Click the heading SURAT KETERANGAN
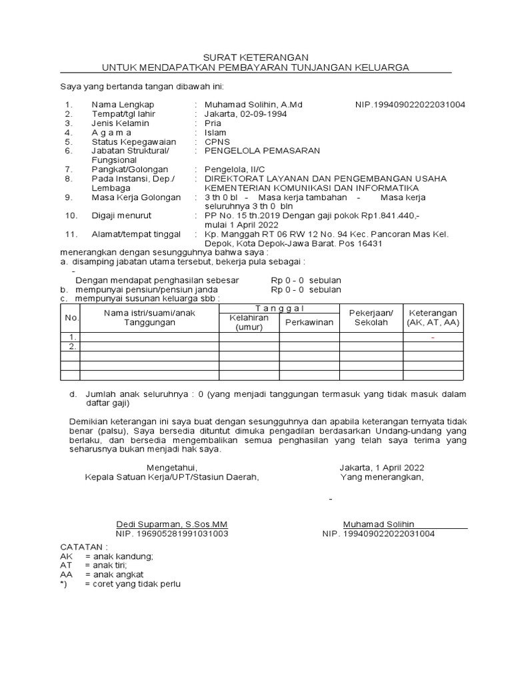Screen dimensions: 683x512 point(256,58)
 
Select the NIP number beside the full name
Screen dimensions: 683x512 point(411,105)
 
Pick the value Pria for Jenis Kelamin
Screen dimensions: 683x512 point(213,123)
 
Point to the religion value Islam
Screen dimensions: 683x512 point(215,133)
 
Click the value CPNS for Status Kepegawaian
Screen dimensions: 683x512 point(217,142)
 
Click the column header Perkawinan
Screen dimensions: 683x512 point(309,323)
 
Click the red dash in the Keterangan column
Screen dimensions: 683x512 point(433,338)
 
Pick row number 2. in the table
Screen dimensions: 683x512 point(71,347)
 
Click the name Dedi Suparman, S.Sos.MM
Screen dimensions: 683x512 point(172,524)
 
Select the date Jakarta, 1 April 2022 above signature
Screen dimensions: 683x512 point(381,468)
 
